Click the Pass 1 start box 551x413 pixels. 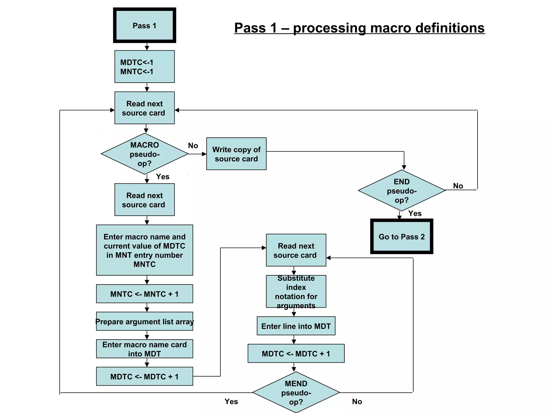tap(144, 25)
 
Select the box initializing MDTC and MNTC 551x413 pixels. tap(144, 66)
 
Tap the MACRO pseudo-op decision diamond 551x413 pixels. tap(144, 154)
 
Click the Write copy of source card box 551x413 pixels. tap(236, 154)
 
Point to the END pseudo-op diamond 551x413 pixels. tap(401, 190)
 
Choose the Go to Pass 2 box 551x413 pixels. tap(401, 236)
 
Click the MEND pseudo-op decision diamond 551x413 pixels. tap(296, 392)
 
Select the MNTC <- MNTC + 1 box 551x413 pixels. tap(144, 294)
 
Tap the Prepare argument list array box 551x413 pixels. tap(144, 321)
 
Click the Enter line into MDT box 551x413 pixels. tap(296, 326)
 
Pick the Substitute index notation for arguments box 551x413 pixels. tap(296, 291)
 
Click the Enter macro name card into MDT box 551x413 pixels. tap(144, 349)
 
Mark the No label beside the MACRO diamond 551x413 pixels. tap(193, 145)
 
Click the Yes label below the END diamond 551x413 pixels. tap(415, 213)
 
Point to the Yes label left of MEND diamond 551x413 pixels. tap(231, 401)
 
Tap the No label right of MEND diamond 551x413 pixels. tap(357, 401)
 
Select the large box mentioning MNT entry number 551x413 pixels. tap(144, 250)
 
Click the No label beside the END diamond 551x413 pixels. tap(458, 186)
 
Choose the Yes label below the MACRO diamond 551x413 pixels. tap(163, 177)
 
